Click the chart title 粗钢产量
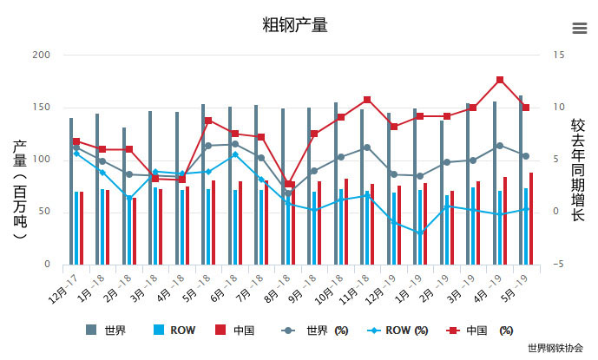pyautogui.click(x=295, y=24)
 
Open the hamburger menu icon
pyautogui.click(x=580, y=28)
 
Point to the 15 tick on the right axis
pyautogui.click(x=559, y=55)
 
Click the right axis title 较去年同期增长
pyautogui.click(x=577, y=169)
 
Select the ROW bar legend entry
pyautogui.click(x=173, y=331)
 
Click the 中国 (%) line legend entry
pyautogui.click(x=478, y=331)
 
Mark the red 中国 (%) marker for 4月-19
pyautogui.click(x=500, y=80)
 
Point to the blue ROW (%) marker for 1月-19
pyautogui.click(x=421, y=232)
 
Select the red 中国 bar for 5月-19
pyautogui.click(x=531, y=219)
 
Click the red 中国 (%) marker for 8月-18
pyautogui.click(x=289, y=184)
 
